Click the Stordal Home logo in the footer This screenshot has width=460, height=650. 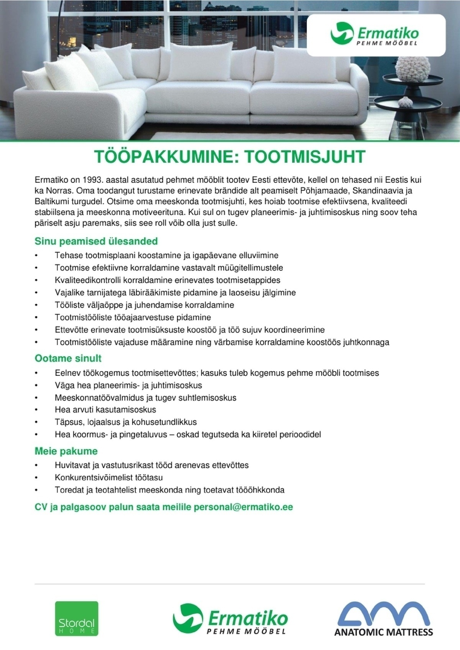77,618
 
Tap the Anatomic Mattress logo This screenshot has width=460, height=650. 383,618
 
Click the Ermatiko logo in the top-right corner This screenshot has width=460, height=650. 376,35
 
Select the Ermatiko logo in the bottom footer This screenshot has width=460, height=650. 230,618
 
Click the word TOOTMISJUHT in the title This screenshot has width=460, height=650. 305,157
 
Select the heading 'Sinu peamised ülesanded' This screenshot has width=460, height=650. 96,241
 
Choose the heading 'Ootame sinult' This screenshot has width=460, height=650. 68,359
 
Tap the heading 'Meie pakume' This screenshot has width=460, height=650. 66,451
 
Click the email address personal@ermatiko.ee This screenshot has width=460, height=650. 243,507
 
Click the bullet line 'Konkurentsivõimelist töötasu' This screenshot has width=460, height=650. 108,478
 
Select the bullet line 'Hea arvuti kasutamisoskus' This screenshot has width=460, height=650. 105,410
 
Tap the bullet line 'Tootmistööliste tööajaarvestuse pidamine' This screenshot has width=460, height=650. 133,318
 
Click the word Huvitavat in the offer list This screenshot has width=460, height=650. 72,465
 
